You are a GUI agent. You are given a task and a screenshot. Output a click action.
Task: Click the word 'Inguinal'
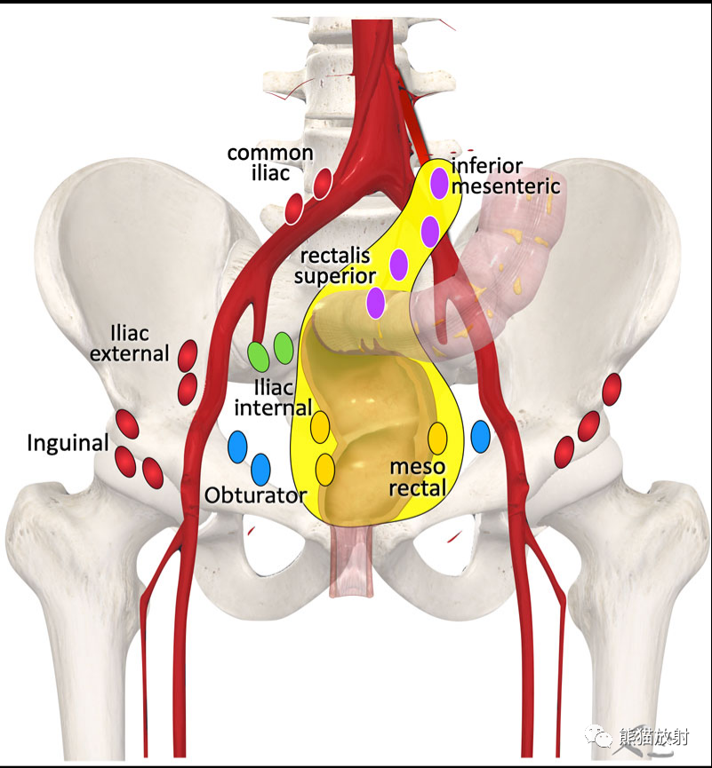(68, 443)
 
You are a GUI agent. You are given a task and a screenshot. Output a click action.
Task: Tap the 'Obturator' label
(255, 495)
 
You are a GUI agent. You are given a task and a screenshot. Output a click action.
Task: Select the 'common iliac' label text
(271, 163)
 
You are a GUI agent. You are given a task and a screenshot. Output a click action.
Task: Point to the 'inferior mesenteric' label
(506, 177)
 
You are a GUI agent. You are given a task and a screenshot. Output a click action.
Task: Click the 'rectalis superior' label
(335, 266)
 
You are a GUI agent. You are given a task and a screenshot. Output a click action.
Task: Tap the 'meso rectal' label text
(418, 478)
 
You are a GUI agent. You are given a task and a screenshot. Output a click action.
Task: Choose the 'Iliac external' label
(130, 344)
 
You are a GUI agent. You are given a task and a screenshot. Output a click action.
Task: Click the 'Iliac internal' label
(273, 398)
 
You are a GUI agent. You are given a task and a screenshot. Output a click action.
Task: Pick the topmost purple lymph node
(439, 183)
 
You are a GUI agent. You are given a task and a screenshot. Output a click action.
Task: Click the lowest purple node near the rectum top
(376, 303)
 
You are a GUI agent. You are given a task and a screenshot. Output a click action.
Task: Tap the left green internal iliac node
(258, 357)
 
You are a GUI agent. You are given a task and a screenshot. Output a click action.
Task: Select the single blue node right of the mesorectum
(481, 437)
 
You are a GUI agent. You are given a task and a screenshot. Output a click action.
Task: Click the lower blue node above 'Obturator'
(260, 469)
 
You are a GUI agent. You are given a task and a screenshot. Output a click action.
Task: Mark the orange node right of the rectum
(437, 439)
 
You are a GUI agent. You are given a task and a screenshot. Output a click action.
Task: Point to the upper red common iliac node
(323, 184)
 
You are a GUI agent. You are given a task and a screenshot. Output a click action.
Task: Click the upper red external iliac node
(188, 356)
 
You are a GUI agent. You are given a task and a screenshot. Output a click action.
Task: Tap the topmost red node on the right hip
(612, 390)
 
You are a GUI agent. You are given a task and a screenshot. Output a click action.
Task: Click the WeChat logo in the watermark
(598, 736)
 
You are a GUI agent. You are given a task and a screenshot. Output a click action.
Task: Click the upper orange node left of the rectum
(320, 427)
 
